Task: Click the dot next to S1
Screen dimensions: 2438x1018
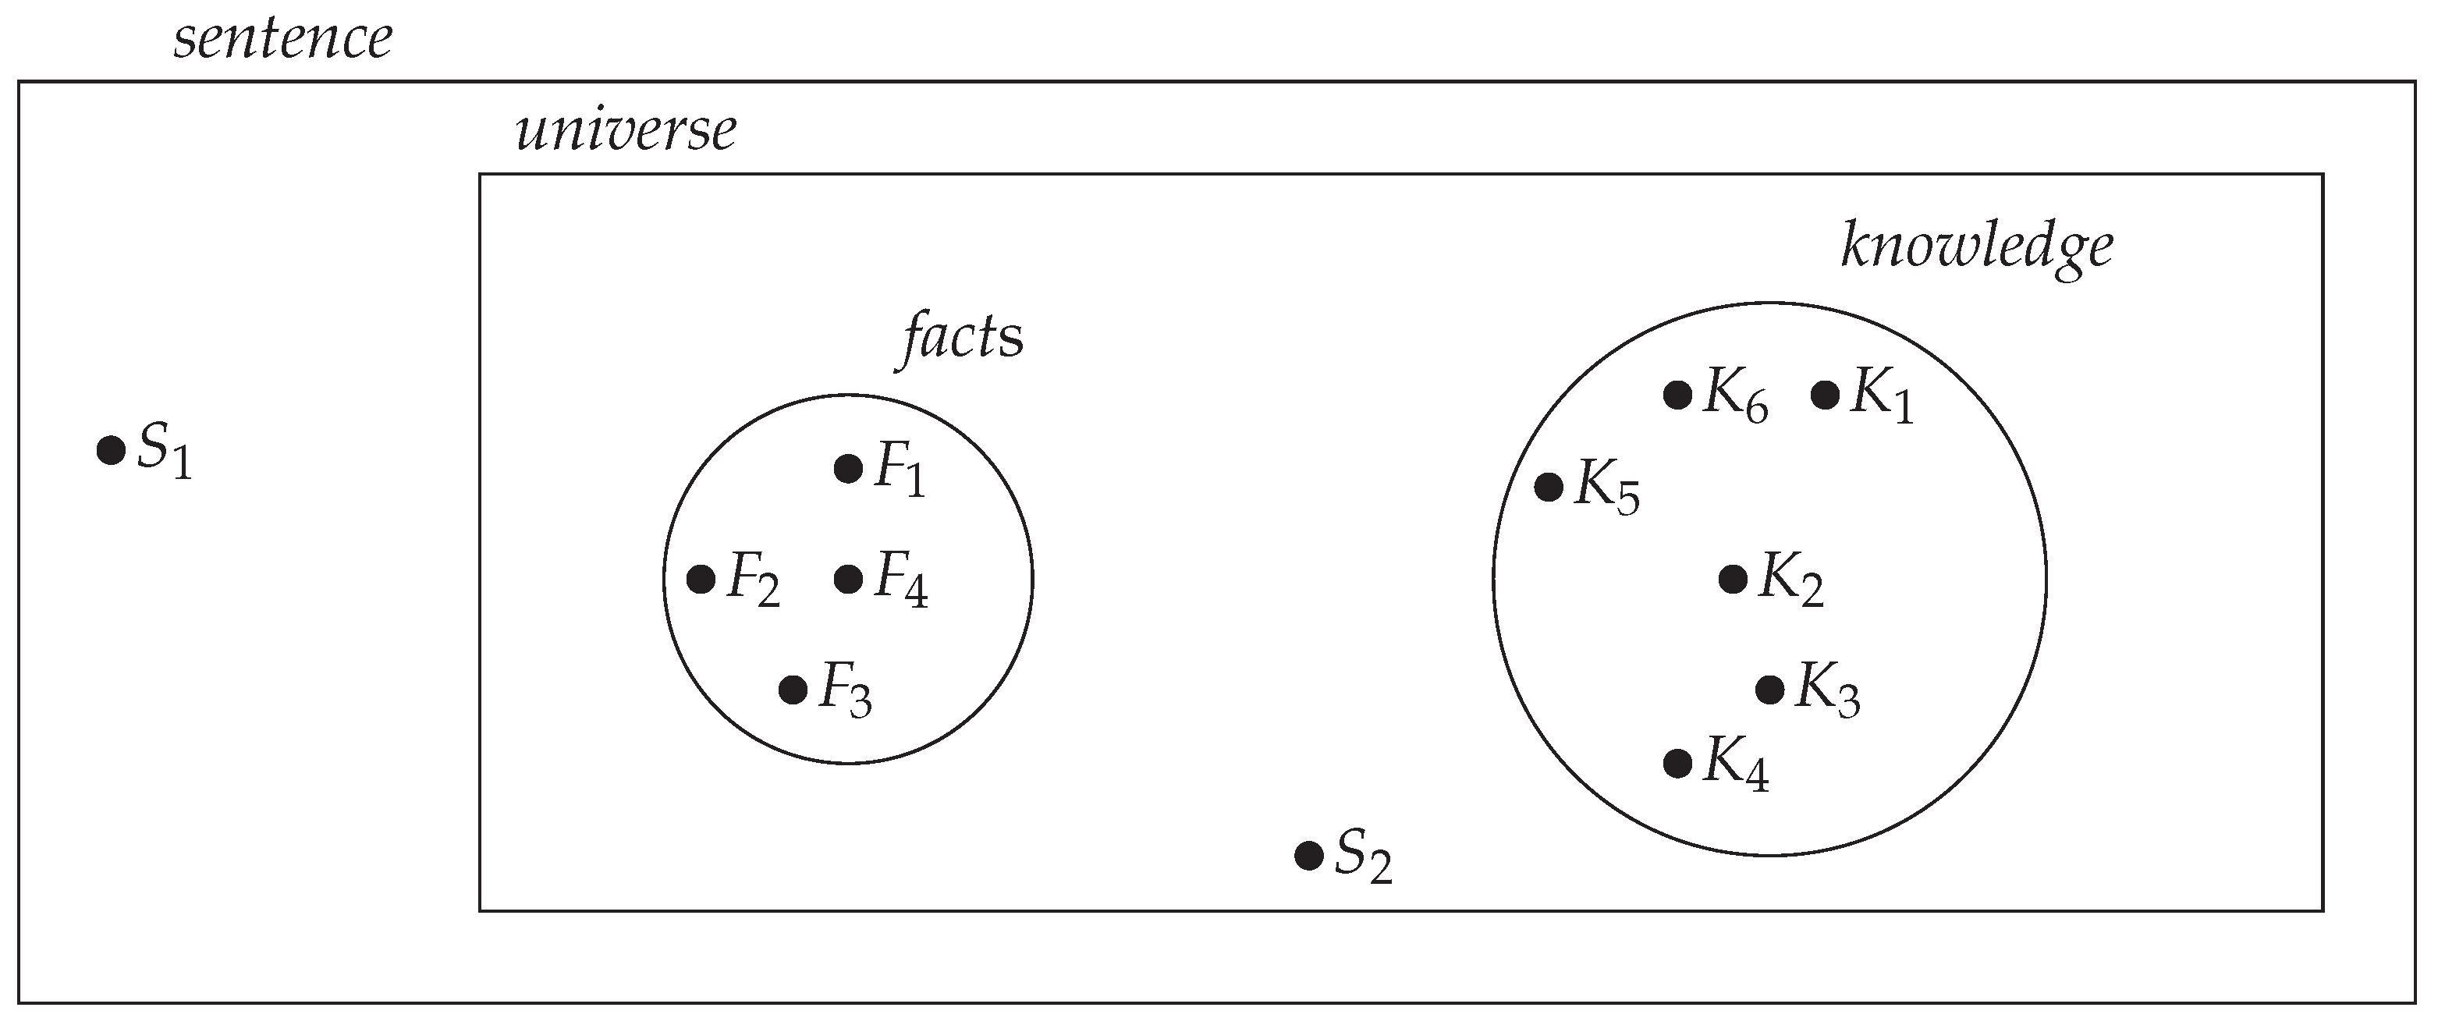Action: (x=111, y=450)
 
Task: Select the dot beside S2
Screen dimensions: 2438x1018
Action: (x=1308, y=857)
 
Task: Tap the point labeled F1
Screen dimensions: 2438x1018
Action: (x=848, y=468)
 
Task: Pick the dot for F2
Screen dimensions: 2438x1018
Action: (x=701, y=579)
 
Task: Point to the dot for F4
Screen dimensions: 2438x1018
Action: (x=848, y=579)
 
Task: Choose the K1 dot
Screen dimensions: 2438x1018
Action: (x=1825, y=395)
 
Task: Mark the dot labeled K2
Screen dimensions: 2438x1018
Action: (x=1733, y=579)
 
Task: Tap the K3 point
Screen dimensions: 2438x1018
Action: (x=1770, y=690)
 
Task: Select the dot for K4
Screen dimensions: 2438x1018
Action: (x=1677, y=763)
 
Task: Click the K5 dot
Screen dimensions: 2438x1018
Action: (x=1549, y=488)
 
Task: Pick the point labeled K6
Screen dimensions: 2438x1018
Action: (x=1677, y=395)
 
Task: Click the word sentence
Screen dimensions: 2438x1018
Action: (x=282, y=40)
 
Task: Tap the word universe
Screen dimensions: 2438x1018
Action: (x=626, y=130)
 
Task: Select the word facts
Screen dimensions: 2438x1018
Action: (x=960, y=338)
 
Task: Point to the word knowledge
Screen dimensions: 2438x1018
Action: (x=1977, y=248)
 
